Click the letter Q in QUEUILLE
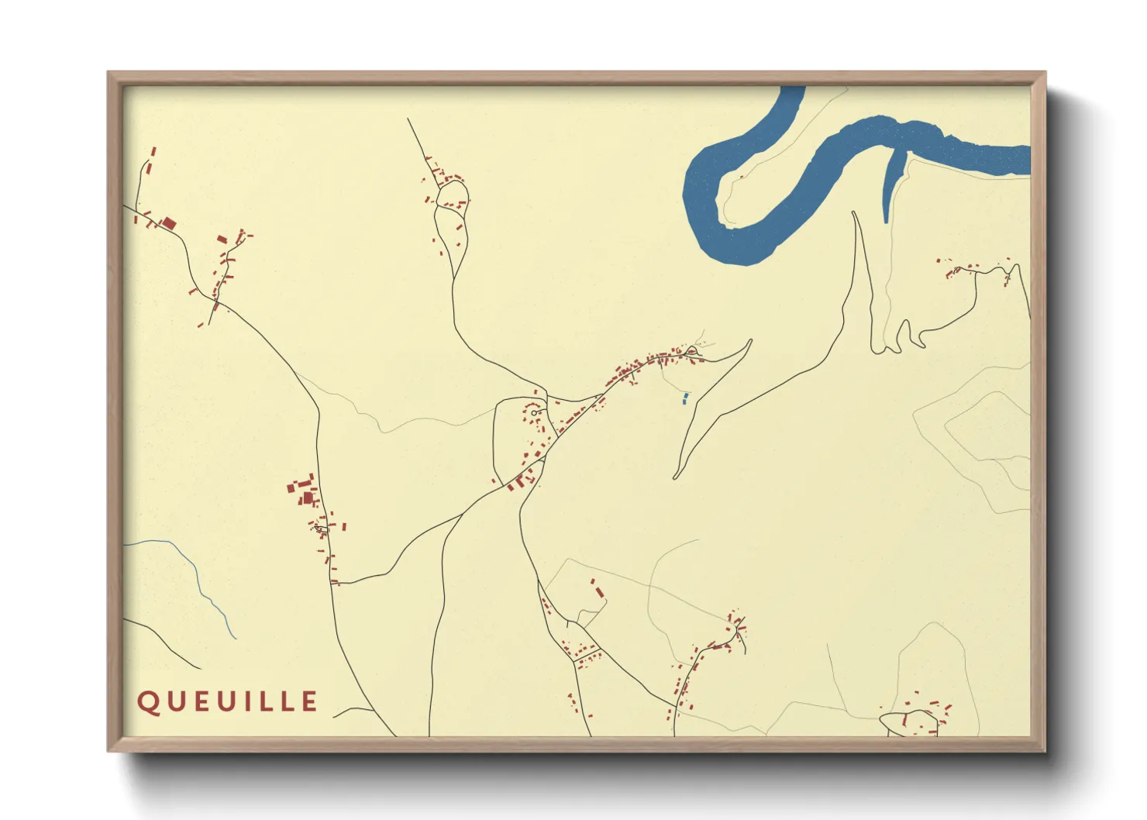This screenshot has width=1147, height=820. pos(147,701)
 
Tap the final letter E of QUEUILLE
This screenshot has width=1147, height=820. pos(309,701)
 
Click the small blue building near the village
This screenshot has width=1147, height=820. pos(685,398)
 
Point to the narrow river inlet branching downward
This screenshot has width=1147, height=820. pos(891,186)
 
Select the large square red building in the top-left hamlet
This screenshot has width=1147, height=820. pos(168,223)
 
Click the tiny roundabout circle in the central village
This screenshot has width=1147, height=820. pos(534,412)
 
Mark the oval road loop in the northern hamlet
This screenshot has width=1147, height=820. pos(451,195)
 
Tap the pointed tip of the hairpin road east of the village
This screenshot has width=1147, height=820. pos(749,340)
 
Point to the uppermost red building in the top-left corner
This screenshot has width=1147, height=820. pos(153,152)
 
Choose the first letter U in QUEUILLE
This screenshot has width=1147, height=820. pos(174,701)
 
